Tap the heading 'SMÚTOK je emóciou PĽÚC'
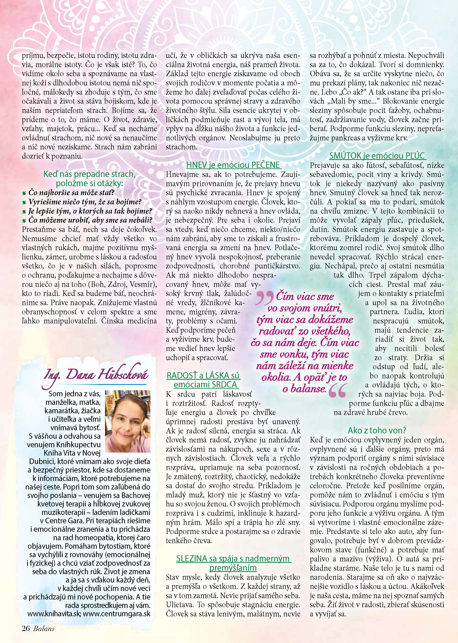point(377,156)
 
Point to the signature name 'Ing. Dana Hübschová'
point(96,375)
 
